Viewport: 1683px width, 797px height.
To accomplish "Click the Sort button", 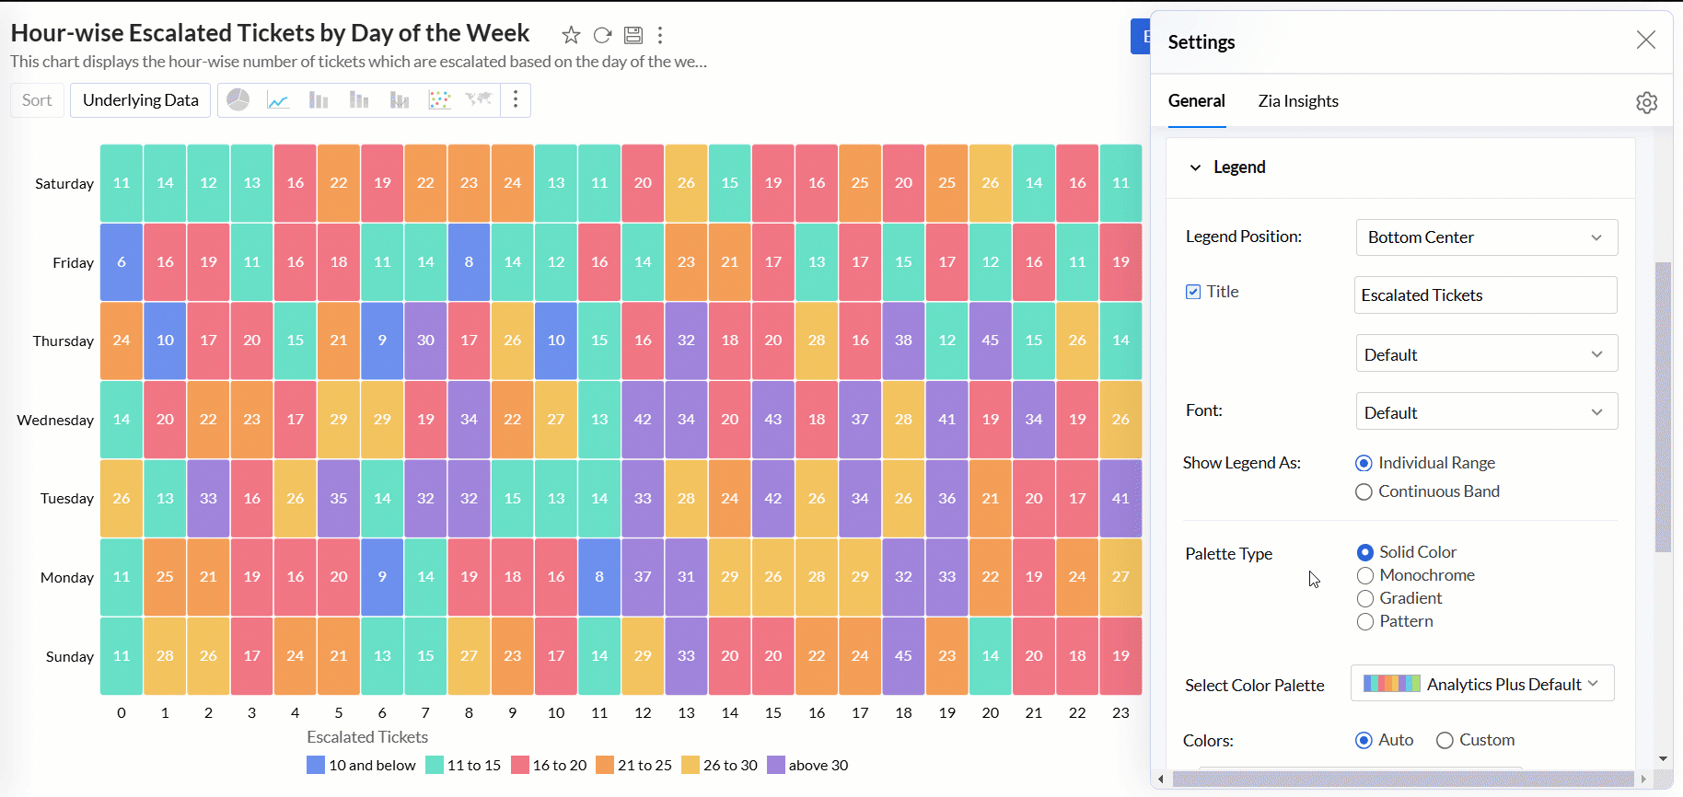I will pyautogui.click(x=37, y=100).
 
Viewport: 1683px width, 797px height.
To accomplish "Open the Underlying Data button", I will pyautogui.click(x=140, y=100).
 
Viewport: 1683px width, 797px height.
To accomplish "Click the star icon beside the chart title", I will pyautogui.click(x=571, y=35).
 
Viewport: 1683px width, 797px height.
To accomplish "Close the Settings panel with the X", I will pyautogui.click(x=1645, y=40).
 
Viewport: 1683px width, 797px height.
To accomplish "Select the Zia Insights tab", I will pyautogui.click(x=1297, y=101).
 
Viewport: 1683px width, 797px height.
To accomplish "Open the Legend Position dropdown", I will pyautogui.click(x=1486, y=237).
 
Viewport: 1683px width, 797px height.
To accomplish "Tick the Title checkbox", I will pyautogui.click(x=1193, y=292).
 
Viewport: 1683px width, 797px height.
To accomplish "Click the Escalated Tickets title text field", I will pyautogui.click(x=1485, y=295).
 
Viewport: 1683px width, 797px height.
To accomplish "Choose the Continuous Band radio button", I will pyautogui.click(x=1364, y=492).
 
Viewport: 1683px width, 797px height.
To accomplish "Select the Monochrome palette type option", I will pyautogui.click(x=1365, y=576).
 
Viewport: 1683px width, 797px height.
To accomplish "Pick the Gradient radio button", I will pyautogui.click(x=1365, y=599).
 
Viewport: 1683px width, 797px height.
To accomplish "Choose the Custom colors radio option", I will pyautogui.click(x=1445, y=741).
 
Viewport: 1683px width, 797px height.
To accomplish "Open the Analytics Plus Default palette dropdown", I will pyautogui.click(x=1481, y=684).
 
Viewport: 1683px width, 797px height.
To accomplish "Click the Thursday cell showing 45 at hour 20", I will pyautogui.click(x=990, y=341).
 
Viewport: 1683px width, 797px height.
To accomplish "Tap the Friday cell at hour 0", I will pyautogui.click(x=122, y=262).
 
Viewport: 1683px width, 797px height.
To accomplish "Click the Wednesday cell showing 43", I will pyautogui.click(x=773, y=420).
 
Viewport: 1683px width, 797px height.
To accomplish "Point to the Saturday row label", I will pyautogui.click(x=64, y=184).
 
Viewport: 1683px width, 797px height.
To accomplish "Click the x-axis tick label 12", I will pyautogui.click(x=643, y=713).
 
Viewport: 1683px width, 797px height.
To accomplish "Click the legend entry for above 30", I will pyautogui.click(x=807, y=766).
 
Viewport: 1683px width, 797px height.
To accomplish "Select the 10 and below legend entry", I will pyautogui.click(x=362, y=766).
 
